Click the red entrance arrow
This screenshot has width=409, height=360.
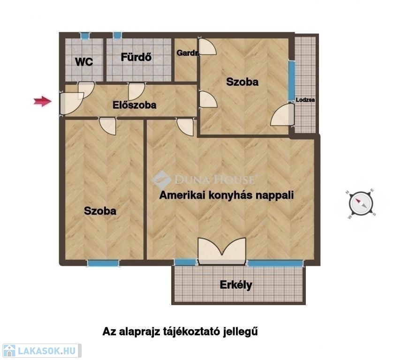coord(43,101)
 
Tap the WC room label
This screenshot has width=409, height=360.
coord(84,62)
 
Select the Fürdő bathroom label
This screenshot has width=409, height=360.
coord(136,57)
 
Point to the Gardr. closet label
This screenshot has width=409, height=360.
coord(188,53)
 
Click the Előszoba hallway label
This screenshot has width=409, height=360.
coord(134,105)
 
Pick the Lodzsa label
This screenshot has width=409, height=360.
coord(305,100)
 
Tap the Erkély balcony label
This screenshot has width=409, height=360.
coord(236,285)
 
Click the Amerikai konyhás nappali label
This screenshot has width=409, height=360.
coord(227,195)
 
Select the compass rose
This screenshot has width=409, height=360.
coord(361,203)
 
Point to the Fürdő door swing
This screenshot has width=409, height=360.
coord(136,91)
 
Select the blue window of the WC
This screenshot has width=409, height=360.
coord(84,36)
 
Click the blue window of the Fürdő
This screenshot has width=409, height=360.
coord(117,35)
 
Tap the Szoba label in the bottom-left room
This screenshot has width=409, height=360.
coord(100,211)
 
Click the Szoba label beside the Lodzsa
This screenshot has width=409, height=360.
coord(242,82)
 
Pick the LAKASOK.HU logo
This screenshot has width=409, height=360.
coord(41,351)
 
